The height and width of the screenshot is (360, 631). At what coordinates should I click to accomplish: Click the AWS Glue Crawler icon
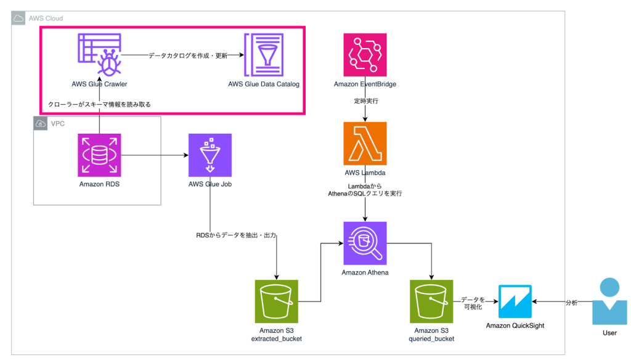point(99,55)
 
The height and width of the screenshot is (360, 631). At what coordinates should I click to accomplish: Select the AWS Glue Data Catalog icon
point(264,55)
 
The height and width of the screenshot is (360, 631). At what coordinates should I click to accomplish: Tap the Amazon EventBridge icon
point(365,55)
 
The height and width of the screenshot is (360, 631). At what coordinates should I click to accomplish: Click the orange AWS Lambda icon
point(365,144)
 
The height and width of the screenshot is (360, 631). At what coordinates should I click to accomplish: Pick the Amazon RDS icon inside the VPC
point(99,155)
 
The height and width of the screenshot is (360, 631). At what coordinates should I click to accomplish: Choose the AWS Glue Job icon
point(210,155)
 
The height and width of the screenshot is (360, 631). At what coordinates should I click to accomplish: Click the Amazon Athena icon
point(365,243)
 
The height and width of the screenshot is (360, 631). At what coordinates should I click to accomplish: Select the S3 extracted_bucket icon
point(276,301)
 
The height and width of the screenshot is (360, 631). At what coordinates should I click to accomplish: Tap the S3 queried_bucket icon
point(431,301)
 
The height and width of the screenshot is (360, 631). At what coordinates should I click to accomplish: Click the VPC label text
point(59,124)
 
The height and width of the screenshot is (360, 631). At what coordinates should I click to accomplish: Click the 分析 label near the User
point(571,303)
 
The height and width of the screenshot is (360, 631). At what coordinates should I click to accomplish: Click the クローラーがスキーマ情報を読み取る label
point(99,104)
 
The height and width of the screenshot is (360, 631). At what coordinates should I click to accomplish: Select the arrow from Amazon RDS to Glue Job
point(154,155)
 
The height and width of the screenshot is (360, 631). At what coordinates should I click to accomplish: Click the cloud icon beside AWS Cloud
point(18,18)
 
